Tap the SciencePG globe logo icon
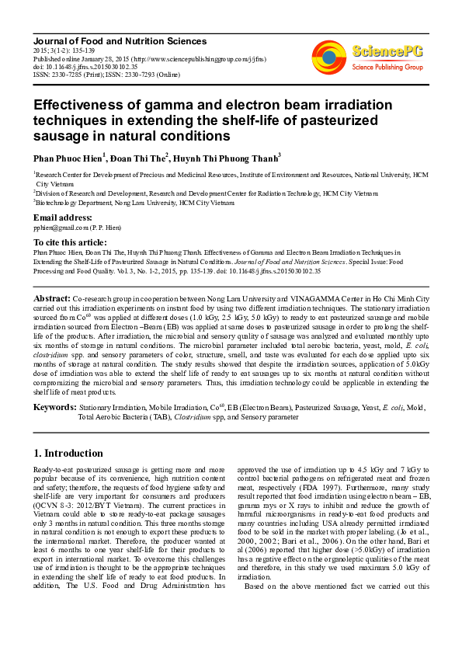[329, 54]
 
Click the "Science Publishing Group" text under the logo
[387, 67]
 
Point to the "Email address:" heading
[62, 217]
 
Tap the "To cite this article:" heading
[71, 242]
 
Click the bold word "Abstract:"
[52, 298]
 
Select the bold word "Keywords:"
[54, 406]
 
